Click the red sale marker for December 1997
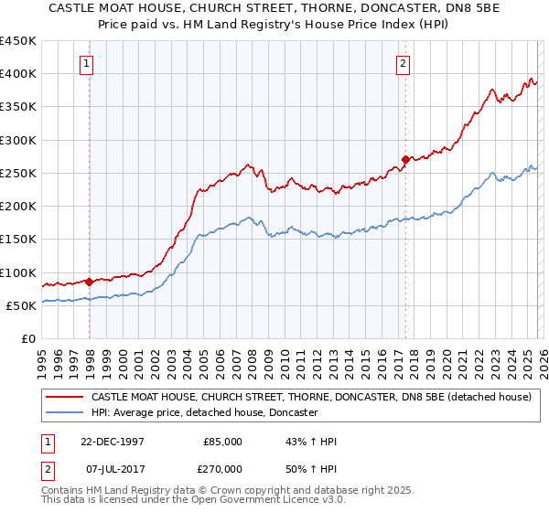pos(90,283)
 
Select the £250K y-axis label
pos(18,174)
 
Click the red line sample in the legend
pos(64,398)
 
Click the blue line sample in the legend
pos(64,413)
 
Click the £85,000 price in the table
pos(222,442)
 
